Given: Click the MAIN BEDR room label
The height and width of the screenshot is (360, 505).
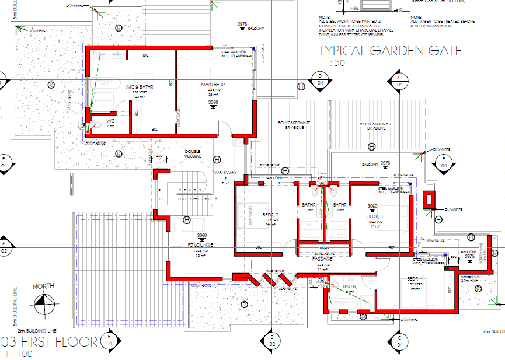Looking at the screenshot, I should (x=213, y=85).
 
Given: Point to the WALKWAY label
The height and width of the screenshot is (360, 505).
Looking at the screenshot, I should (x=225, y=173).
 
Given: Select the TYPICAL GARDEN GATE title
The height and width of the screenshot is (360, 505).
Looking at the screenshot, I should (x=389, y=51).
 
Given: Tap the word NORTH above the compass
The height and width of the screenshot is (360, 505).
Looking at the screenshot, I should (x=44, y=286).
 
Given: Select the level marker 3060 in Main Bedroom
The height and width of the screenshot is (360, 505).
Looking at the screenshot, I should (x=213, y=102).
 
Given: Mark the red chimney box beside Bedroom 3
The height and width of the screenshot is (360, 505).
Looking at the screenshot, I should (x=430, y=199).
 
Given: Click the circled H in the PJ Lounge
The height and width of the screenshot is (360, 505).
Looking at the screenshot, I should (x=186, y=220).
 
